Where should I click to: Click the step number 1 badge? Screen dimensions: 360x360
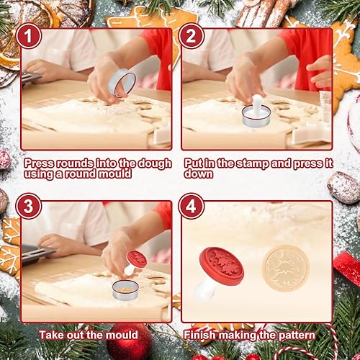tap(29, 36)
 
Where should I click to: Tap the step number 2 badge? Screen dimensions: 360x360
tap(191, 36)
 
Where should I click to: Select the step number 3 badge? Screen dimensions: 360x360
tap(29, 206)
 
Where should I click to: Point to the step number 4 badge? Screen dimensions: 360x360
tap(191, 206)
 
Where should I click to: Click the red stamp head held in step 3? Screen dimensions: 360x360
tap(137, 259)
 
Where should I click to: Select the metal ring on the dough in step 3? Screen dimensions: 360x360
tap(125, 290)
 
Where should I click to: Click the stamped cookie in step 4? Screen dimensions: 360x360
tap(285, 268)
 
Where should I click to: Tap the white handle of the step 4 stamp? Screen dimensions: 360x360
tap(204, 290)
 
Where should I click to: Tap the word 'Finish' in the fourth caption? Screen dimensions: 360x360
tap(199, 335)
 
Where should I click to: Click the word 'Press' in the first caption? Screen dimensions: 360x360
tap(40, 163)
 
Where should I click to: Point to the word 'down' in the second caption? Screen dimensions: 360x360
tap(199, 174)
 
